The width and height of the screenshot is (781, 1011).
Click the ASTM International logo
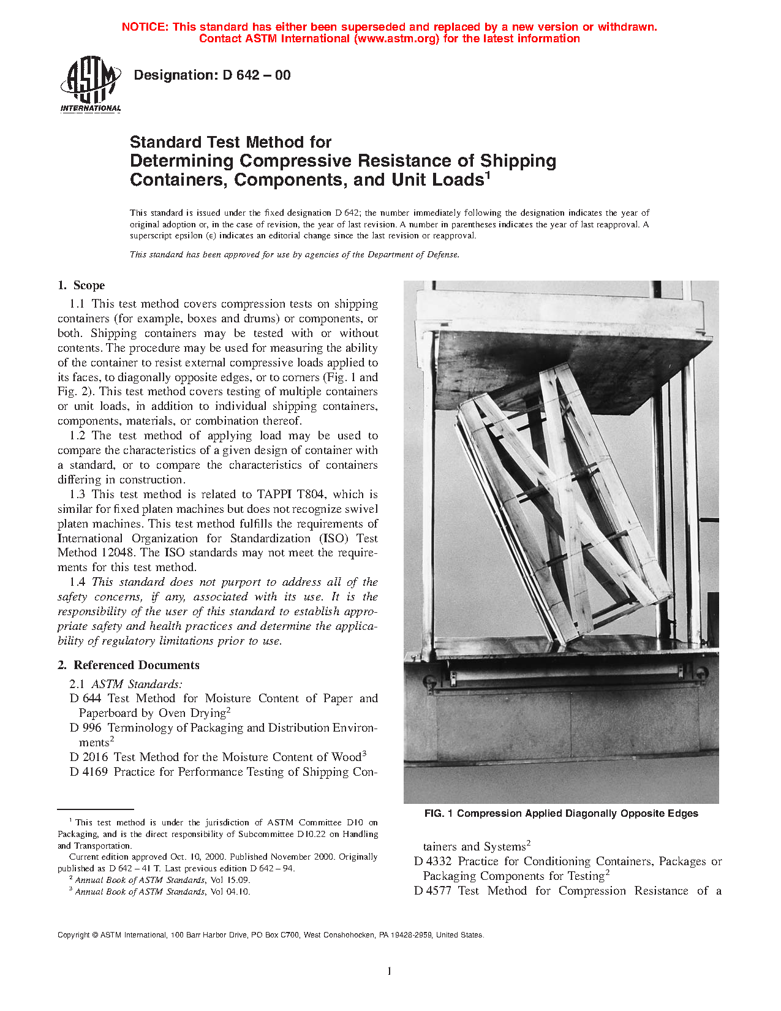tap(90, 84)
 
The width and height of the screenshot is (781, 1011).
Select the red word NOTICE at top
tap(144, 27)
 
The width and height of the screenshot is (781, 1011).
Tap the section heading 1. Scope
tap(81, 286)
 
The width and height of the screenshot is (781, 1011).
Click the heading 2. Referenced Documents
tap(128, 665)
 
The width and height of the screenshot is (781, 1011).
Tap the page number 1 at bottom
tap(390, 971)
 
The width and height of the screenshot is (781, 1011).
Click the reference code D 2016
tap(89, 757)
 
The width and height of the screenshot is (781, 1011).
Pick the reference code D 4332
tap(432, 861)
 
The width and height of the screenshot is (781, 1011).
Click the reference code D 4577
tap(432, 891)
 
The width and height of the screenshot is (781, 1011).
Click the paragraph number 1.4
tap(77, 582)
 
